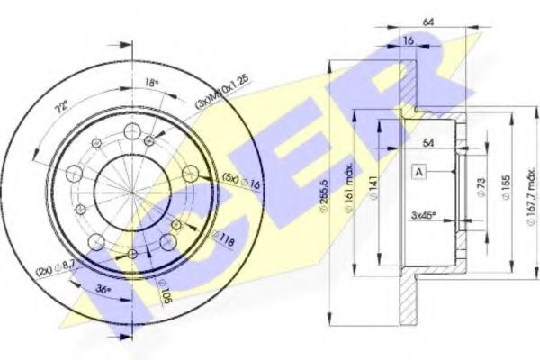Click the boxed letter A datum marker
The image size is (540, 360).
(418, 171)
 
